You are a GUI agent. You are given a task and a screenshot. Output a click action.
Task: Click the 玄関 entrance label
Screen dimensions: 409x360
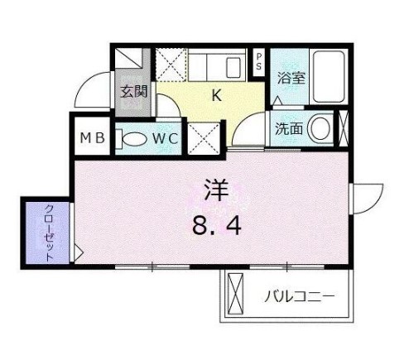[134, 91]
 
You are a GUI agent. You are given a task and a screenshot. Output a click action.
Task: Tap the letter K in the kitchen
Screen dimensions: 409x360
[217, 96]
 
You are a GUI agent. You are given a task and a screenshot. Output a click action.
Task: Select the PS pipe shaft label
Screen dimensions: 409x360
[259, 61]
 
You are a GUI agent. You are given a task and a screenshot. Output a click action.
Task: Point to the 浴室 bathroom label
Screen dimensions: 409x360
[291, 78]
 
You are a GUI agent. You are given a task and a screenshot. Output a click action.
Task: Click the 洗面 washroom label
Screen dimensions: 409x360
[289, 128]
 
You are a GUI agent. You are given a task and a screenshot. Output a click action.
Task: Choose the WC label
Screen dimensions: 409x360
[166, 138]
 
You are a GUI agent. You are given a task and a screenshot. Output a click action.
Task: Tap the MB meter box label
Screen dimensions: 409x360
[93, 138]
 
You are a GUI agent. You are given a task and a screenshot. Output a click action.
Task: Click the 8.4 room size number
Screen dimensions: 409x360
[217, 226]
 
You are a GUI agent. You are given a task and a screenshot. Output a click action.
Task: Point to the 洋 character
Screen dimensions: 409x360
[216, 190]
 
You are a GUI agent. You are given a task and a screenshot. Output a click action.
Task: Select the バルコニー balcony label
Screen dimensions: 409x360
[300, 297]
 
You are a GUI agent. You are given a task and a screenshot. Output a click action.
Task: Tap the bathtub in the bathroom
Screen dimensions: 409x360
[329, 77]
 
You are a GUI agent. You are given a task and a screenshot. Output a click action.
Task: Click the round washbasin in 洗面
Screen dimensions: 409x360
[320, 128]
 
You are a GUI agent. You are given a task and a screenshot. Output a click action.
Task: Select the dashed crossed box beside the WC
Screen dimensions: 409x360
[204, 138]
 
